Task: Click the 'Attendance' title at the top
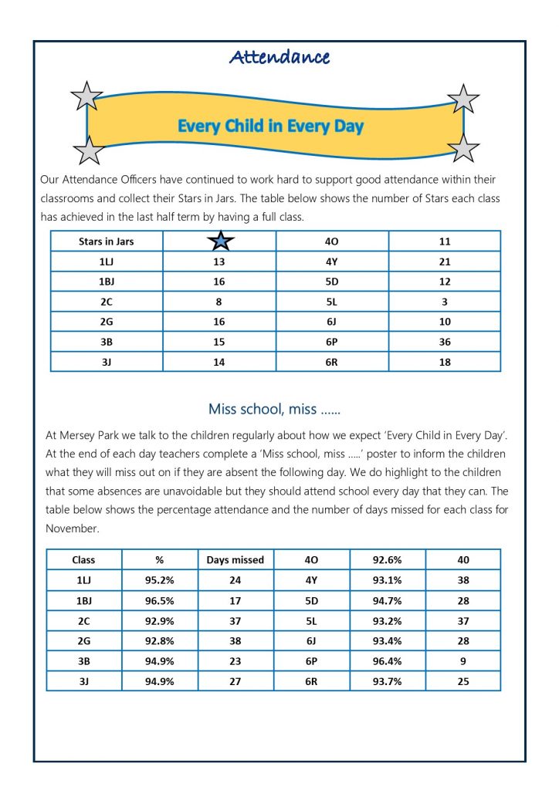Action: [279, 57]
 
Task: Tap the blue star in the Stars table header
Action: [220, 241]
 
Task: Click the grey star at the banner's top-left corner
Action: [86, 97]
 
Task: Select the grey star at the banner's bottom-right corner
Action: [463, 147]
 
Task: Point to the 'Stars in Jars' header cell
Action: [107, 241]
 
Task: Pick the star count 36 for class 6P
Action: [444, 342]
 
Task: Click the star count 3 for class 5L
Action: [444, 302]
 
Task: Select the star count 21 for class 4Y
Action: [444, 262]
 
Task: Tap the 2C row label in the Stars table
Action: [107, 302]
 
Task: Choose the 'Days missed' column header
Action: [235, 559]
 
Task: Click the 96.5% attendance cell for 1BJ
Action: [160, 599]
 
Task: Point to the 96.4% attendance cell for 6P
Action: [387, 661]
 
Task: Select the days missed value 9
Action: [462, 661]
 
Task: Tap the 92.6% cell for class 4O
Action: [387, 559]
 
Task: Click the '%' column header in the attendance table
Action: [160, 559]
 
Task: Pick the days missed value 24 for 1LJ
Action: [235, 579]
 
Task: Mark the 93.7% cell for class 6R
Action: [387, 681]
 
